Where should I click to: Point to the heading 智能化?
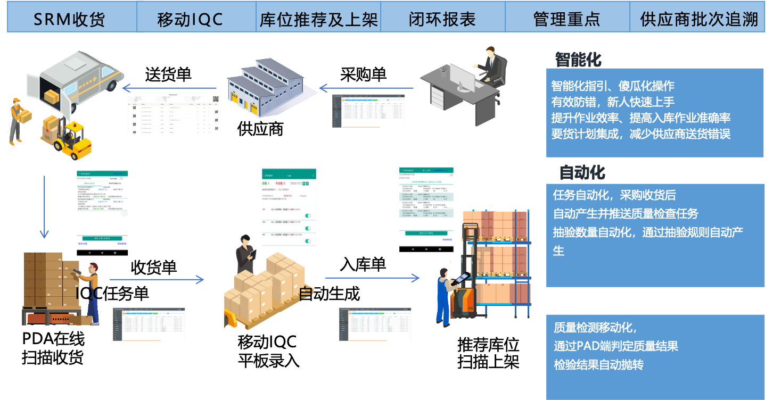[578, 60]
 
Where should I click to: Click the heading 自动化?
[582, 173]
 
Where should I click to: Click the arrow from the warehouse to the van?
[169, 88]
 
